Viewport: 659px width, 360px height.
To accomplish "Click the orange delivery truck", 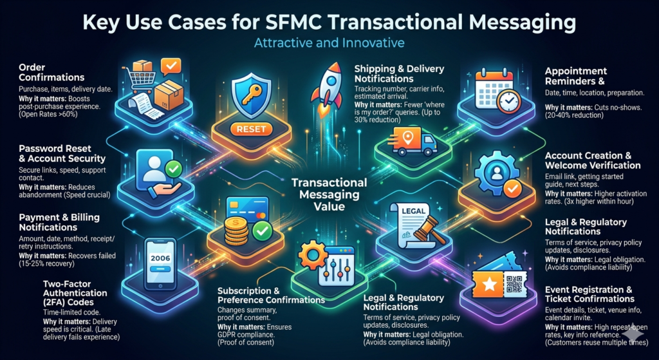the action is click(x=413, y=142).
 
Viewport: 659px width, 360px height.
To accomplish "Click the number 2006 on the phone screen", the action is click(x=160, y=258).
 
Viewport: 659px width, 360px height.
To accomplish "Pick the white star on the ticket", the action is click(x=489, y=285).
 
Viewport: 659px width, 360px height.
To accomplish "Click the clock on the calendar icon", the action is click(x=508, y=101).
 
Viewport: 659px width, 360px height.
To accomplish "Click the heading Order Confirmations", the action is click(x=51, y=72).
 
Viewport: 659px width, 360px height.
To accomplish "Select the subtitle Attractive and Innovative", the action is click(x=329, y=43).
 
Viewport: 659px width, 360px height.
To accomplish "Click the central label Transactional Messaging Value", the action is click(x=329, y=194).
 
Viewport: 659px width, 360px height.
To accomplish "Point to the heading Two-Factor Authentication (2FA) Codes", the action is click(x=75, y=292).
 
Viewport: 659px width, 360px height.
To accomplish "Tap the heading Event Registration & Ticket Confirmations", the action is click(x=589, y=294).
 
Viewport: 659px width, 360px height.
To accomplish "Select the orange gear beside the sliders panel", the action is click(x=312, y=255).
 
